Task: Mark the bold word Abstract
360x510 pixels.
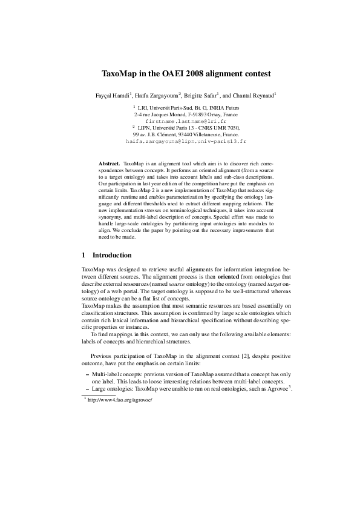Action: [x=109, y=164]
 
